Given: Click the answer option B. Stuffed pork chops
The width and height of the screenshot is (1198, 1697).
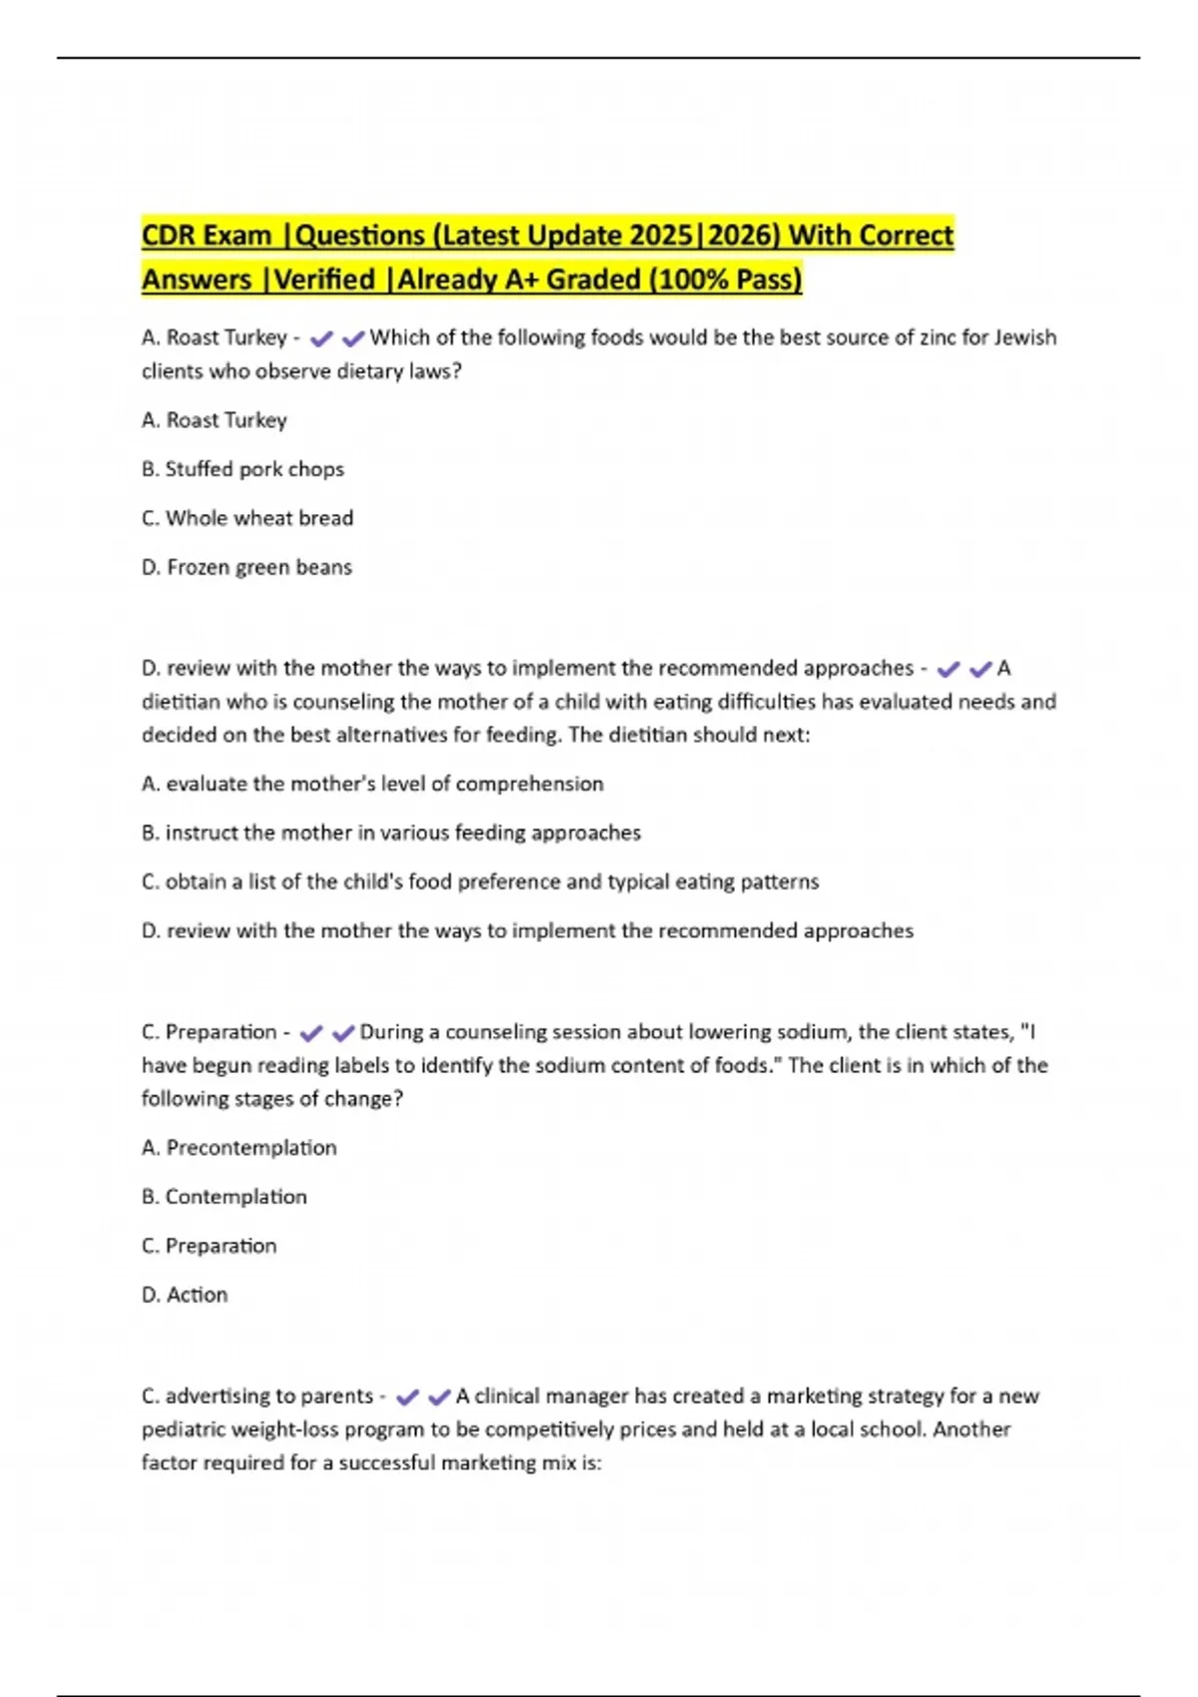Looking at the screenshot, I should [243, 469].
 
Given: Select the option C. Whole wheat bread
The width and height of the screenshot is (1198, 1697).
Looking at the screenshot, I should [248, 518].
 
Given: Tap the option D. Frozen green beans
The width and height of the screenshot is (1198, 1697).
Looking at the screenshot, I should [247, 567].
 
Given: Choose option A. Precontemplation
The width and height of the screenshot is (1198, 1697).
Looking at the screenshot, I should [240, 1148].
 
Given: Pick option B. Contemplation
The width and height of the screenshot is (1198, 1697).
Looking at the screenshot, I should [225, 1197].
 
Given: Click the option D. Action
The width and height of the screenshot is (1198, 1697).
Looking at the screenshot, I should [185, 1295].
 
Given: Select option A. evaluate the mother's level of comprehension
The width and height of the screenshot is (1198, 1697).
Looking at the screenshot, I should [372, 784].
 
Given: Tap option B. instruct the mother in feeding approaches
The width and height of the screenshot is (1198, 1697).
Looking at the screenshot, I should [391, 833].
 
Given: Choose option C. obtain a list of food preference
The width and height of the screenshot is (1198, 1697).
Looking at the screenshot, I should [480, 881].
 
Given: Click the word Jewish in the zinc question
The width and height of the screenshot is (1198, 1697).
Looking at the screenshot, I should [1024, 337].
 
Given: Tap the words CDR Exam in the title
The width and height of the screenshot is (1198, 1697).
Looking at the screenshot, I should [207, 236].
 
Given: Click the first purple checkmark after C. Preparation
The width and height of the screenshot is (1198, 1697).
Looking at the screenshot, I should [310, 1033].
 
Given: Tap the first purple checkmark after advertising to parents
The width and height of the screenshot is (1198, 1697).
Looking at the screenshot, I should [407, 1398].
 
